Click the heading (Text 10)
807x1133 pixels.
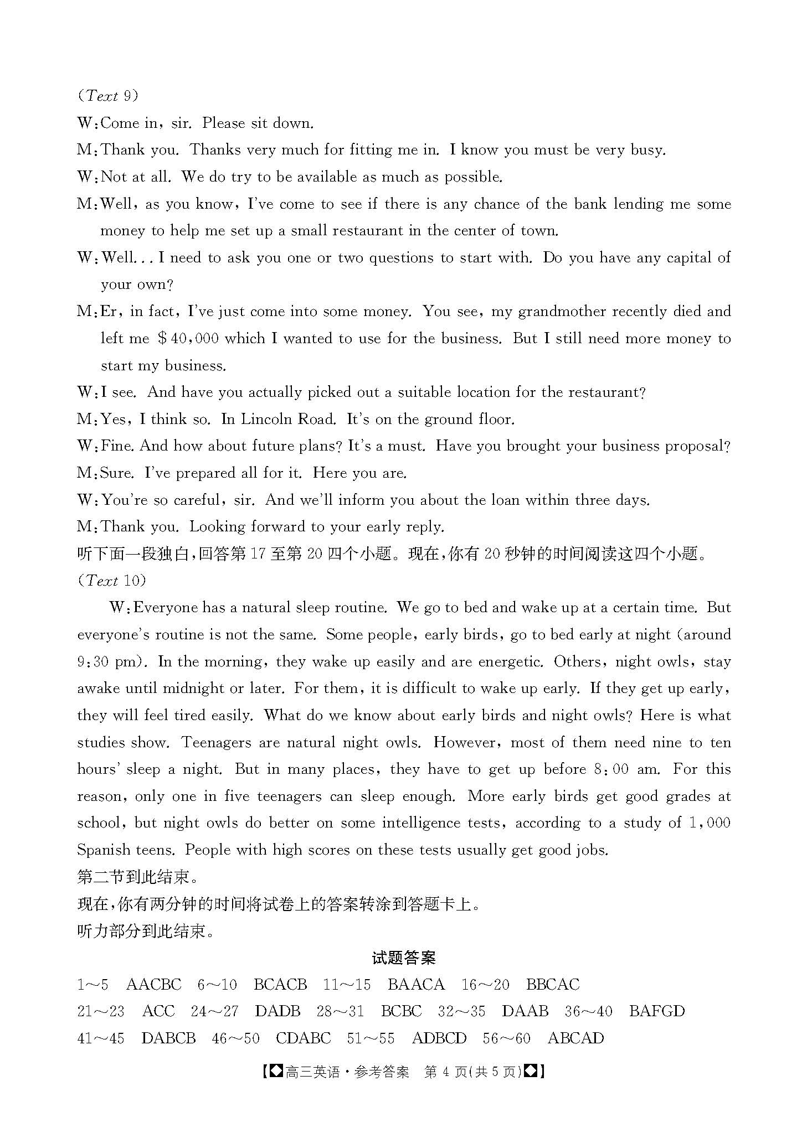(112, 580)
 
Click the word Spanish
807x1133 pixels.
(109, 850)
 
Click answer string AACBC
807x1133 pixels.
(153, 985)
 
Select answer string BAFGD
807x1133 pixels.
(656, 1011)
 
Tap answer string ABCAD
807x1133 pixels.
(575, 1038)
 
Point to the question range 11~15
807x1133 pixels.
(347, 985)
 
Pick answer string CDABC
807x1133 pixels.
(303, 1038)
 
